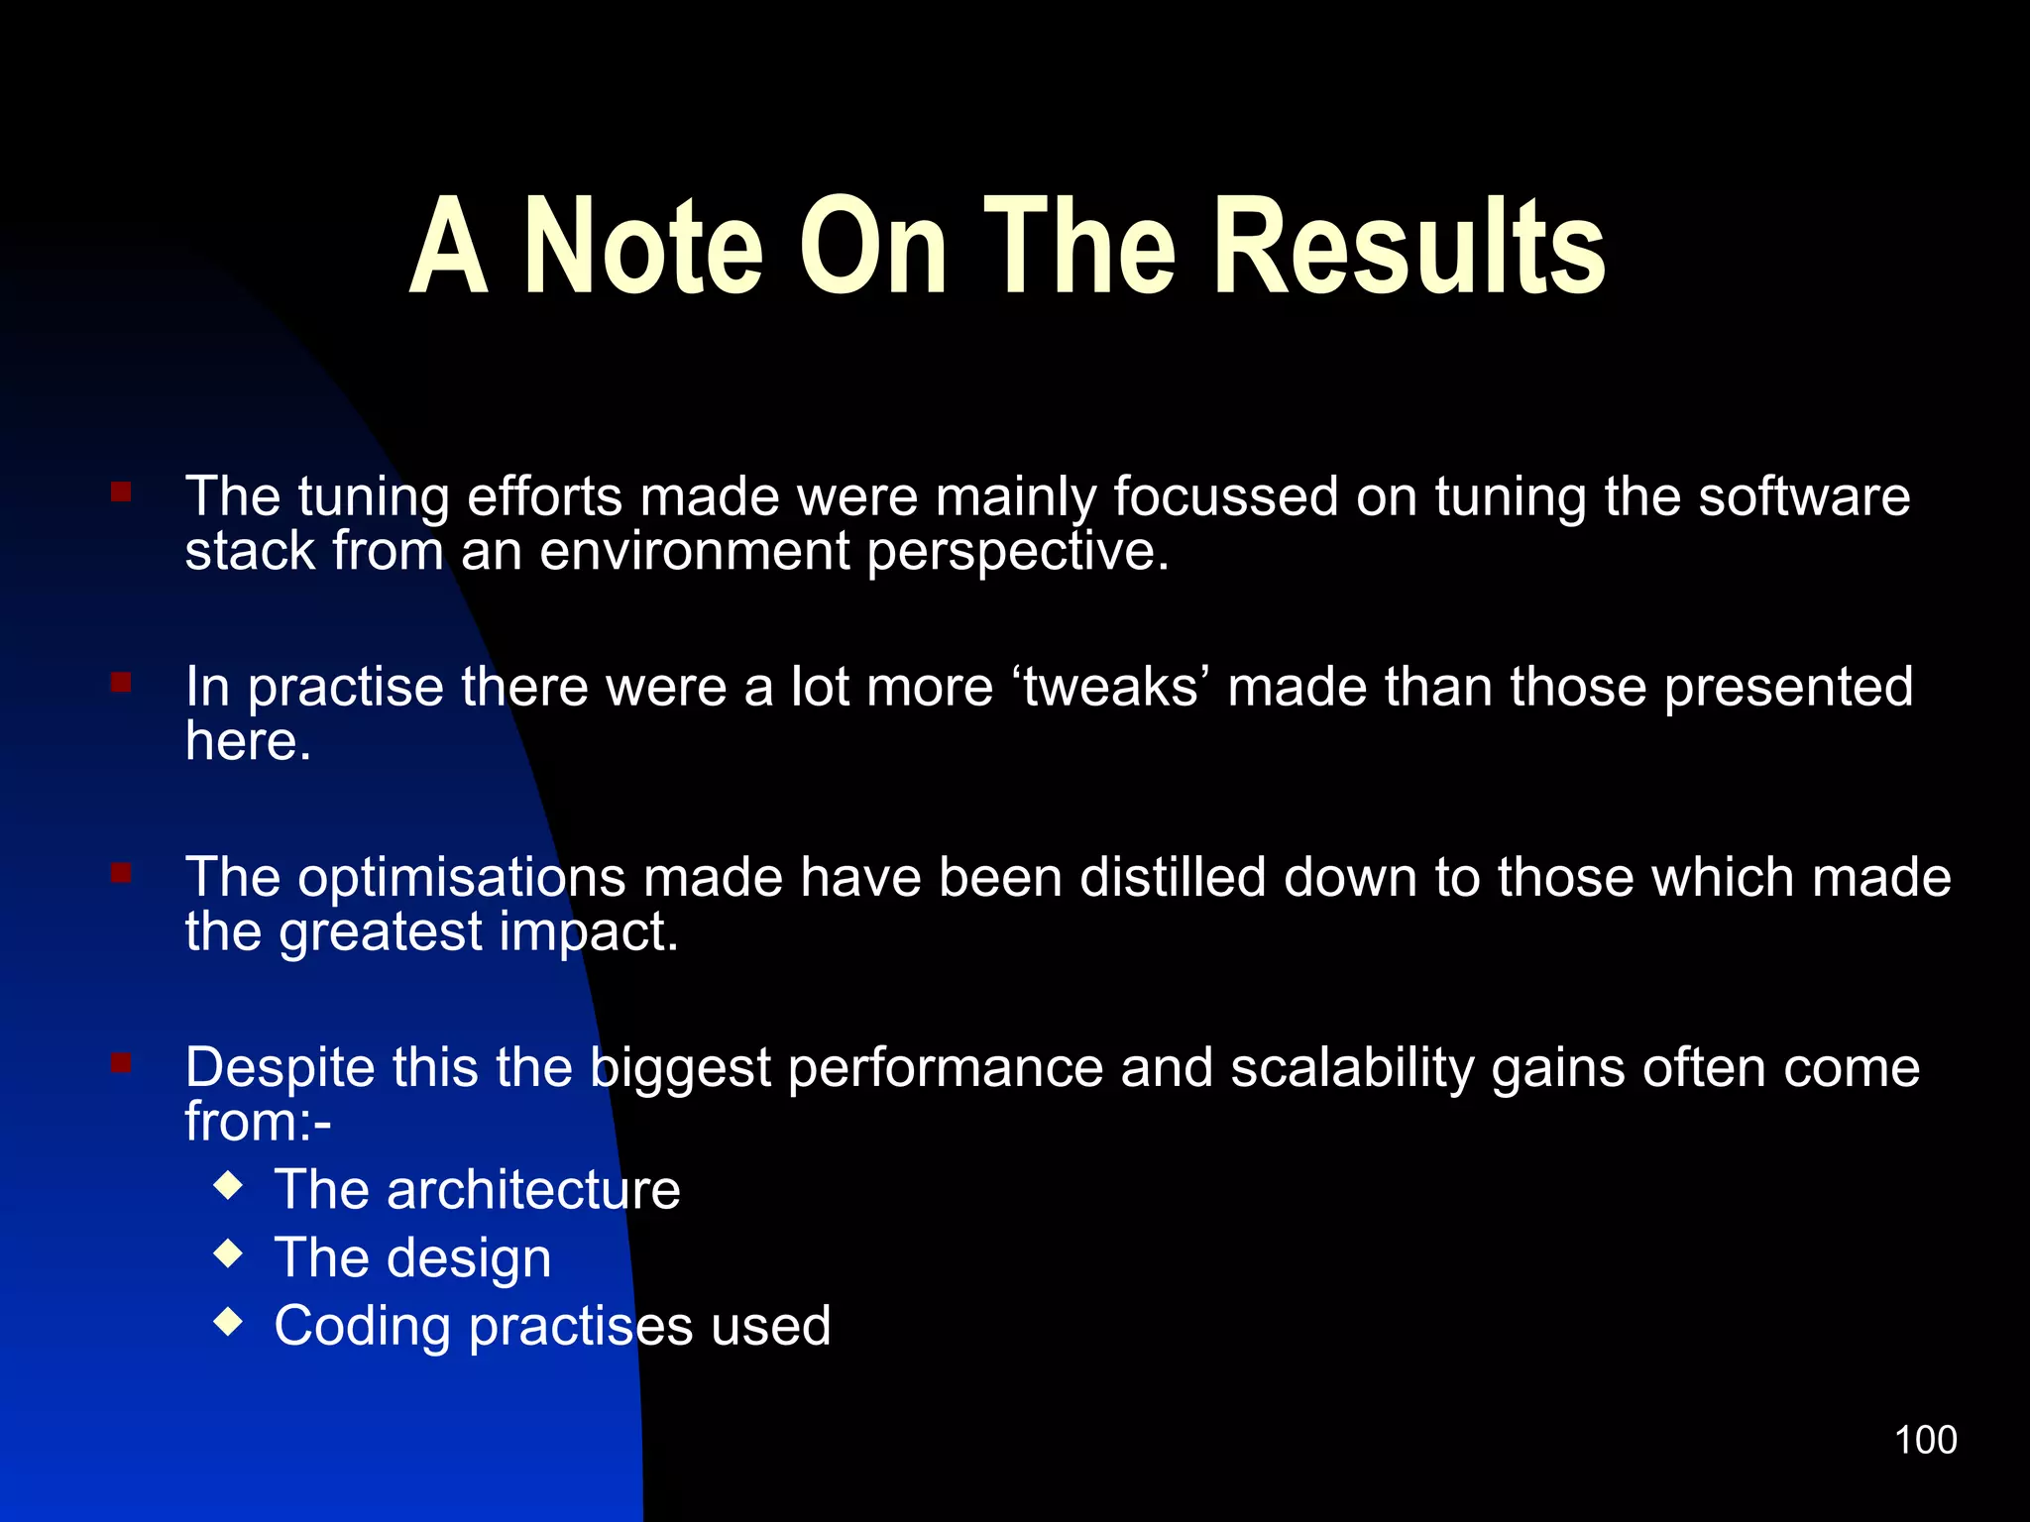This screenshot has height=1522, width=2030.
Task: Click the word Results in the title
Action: [1409, 247]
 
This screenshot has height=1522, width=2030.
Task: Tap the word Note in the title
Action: [643, 247]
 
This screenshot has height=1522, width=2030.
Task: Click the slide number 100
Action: [1925, 1440]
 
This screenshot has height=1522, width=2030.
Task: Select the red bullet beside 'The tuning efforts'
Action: [121, 492]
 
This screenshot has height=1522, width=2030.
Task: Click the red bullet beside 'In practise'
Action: [121, 683]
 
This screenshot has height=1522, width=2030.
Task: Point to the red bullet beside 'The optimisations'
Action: [121, 873]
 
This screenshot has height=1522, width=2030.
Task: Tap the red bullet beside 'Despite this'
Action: [121, 1063]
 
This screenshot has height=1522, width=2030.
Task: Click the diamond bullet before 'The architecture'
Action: [229, 1185]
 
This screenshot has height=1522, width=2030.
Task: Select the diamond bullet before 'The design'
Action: [229, 1253]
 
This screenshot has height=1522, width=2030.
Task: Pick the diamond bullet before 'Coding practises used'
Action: [229, 1322]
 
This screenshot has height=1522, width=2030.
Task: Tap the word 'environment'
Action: [694, 551]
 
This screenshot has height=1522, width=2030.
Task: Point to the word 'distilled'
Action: [1173, 877]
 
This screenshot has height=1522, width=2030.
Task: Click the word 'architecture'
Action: [533, 1189]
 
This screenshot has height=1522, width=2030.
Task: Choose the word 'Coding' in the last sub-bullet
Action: [362, 1328]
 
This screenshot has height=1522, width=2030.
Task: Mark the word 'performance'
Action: [946, 1068]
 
